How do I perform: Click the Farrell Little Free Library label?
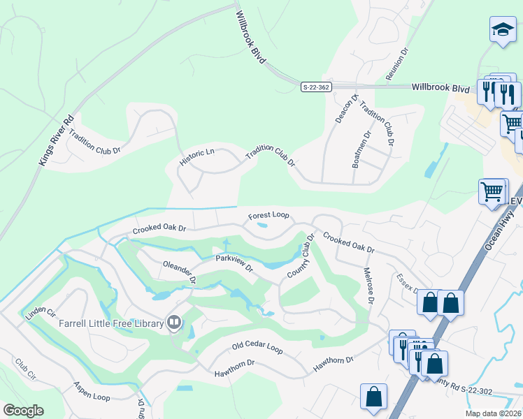click(x=110, y=323)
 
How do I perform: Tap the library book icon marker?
click(x=174, y=323)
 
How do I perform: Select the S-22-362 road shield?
click(x=317, y=87)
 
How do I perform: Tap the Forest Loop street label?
click(x=268, y=216)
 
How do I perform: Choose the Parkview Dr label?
click(x=234, y=263)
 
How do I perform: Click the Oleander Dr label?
click(x=179, y=272)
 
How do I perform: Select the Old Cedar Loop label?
click(x=257, y=347)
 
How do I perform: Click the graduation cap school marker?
click(x=502, y=31)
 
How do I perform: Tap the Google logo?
click(x=23, y=411)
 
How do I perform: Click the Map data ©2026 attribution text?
click(x=492, y=413)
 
